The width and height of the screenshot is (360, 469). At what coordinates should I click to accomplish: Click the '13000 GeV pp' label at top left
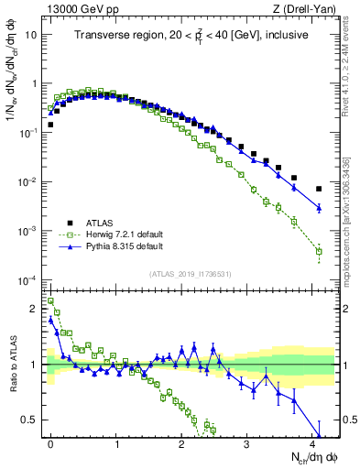[x=71, y=9]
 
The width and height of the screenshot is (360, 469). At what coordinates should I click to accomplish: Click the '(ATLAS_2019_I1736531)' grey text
[x=191, y=274]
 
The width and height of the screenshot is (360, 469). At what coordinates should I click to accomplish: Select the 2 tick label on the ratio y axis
[x=35, y=308]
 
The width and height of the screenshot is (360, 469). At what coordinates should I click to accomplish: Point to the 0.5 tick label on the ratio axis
[x=30, y=420]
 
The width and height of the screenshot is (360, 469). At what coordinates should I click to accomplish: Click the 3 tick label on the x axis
[x=247, y=443]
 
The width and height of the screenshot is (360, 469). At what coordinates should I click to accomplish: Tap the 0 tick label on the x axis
[x=51, y=443]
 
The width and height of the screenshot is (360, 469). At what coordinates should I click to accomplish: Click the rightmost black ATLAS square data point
[x=319, y=189]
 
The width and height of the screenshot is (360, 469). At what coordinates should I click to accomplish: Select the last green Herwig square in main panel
[x=319, y=251]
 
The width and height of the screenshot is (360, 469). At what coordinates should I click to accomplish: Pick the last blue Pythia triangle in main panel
[x=319, y=208]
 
